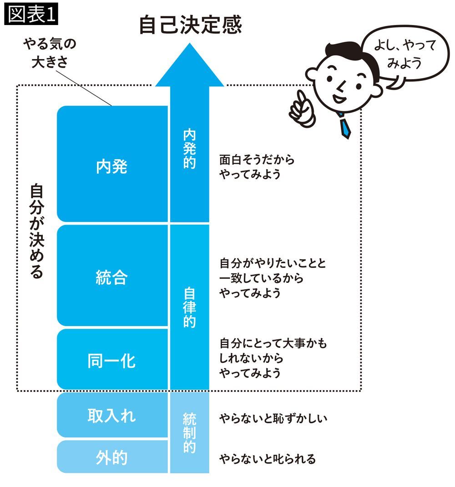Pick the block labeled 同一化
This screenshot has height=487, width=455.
click(112, 361)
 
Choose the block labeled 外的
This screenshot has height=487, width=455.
click(112, 457)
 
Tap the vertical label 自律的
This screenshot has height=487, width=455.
click(189, 308)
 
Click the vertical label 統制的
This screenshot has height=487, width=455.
click(189, 432)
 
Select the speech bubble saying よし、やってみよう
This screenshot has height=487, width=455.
click(403, 53)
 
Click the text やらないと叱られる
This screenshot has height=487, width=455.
click(267, 459)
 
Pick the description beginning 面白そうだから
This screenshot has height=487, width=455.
click(257, 167)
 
